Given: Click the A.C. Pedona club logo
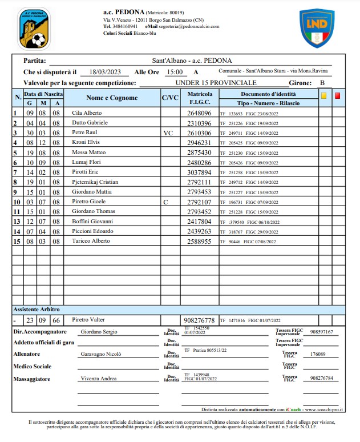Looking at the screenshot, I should [x=34, y=29].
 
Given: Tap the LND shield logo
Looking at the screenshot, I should [x=317, y=28].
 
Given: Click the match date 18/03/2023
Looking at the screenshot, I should [x=102, y=72].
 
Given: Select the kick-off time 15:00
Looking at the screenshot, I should [x=174, y=72].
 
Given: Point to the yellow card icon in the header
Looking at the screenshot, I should [x=323, y=96].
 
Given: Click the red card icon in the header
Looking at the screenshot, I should [x=337, y=96].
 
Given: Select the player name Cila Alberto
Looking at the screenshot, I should [x=87, y=113].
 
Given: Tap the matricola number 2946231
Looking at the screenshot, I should [x=200, y=143].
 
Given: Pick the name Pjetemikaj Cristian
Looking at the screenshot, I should [x=95, y=182].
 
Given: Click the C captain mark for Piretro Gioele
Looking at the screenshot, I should [x=165, y=202].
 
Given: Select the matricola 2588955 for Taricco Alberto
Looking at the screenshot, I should [x=200, y=241].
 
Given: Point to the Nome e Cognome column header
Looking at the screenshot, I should [x=112, y=98].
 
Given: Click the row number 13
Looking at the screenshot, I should [x=17, y=222].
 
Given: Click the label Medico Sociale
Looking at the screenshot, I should [x=34, y=367].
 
